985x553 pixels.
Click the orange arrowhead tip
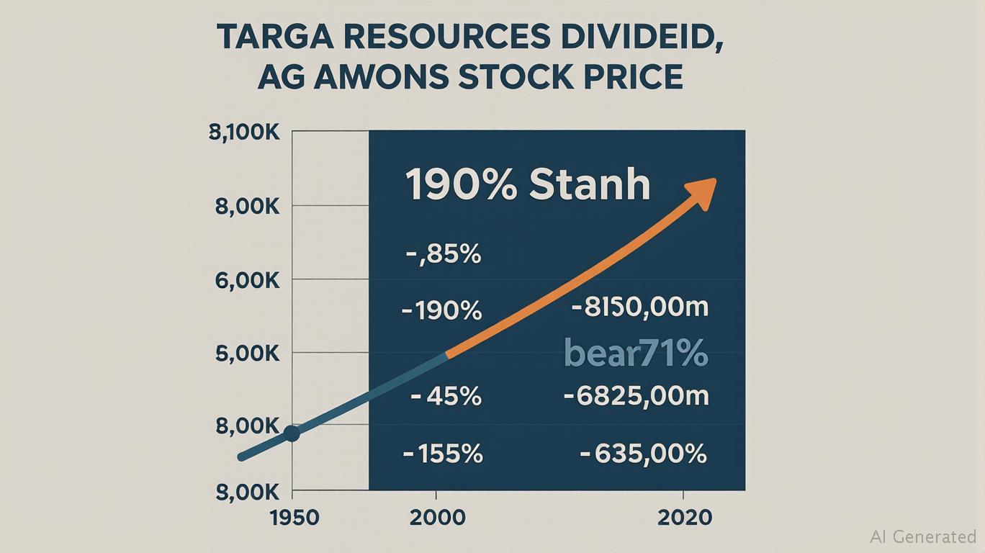(x=713, y=181)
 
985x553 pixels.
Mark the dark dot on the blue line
(x=292, y=433)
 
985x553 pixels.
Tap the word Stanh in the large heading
(x=590, y=184)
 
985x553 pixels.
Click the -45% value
(x=444, y=396)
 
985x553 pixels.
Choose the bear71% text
(x=636, y=354)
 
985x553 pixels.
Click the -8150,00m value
(x=640, y=308)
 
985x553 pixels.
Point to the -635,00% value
(x=643, y=454)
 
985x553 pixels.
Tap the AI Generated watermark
(x=922, y=536)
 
